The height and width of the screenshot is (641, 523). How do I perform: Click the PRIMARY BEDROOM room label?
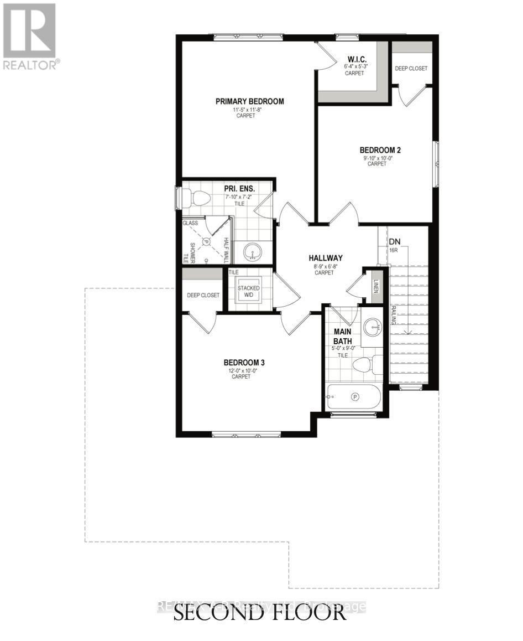249,101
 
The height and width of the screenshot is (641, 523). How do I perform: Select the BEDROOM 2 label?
380,150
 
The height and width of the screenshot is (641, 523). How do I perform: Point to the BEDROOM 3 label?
244,363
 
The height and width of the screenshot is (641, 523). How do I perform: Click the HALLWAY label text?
326,258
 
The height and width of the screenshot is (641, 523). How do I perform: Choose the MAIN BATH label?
343,337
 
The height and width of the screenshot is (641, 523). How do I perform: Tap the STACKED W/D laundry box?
248,291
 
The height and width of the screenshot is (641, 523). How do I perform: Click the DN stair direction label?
395,242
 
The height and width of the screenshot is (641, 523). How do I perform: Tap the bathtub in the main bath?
353,397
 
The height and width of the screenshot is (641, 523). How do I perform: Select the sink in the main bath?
373,327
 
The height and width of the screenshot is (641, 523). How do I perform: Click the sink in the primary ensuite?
254,254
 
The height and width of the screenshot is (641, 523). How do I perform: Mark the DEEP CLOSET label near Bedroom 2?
411,69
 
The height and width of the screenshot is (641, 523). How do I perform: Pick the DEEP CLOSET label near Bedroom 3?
202,295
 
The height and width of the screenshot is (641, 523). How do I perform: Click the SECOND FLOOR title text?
260,613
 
